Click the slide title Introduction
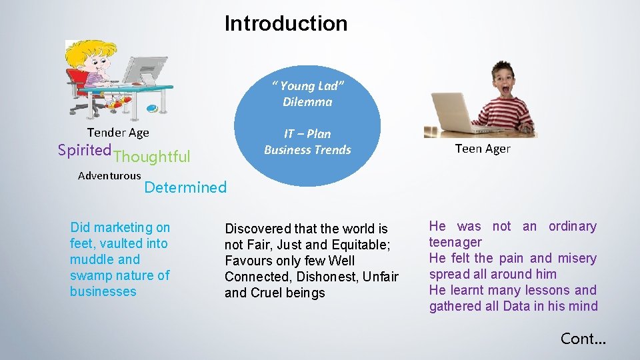click(x=286, y=23)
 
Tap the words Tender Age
click(x=118, y=133)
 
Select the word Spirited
click(x=84, y=151)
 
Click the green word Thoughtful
click(x=152, y=157)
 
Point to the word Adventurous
click(x=109, y=176)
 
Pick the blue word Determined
click(x=185, y=187)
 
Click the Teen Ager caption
click(x=483, y=149)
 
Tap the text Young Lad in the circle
click(x=307, y=86)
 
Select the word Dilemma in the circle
click(x=307, y=102)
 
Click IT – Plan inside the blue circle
click(x=307, y=134)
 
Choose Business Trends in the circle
click(x=307, y=150)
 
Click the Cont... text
click(x=583, y=339)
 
